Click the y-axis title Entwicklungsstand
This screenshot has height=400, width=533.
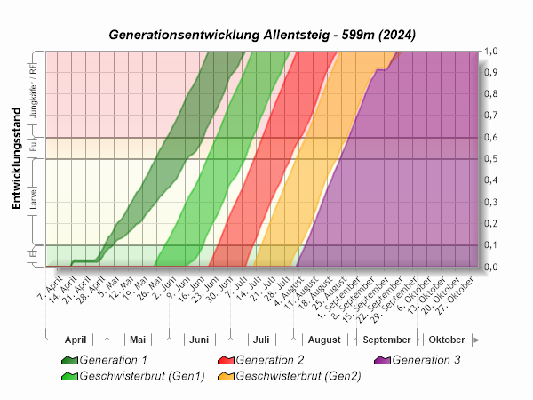[16, 168]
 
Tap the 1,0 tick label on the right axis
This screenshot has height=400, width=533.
[491, 52]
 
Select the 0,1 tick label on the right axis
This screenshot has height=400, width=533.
[491, 245]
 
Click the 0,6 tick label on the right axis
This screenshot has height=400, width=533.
[491, 138]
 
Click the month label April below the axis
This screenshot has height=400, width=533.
[76, 340]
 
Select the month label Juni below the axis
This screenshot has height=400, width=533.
[199, 340]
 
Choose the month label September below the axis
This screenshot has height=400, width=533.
[386, 340]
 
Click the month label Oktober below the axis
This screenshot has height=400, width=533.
[446, 340]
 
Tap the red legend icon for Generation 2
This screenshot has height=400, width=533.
[226, 360]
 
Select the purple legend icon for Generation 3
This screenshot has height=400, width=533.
[382, 360]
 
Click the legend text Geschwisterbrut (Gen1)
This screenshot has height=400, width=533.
[142, 376]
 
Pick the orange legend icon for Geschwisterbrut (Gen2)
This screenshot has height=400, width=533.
[226, 376]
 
